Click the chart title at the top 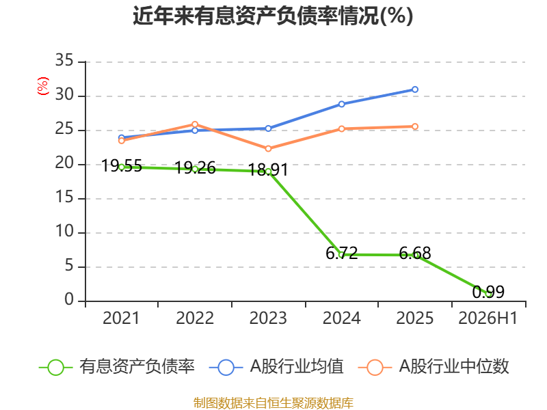(273, 15)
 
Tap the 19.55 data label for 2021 (122, 165)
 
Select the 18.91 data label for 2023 (268, 169)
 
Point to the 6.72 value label (341, 253)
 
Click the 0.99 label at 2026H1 (488, 292)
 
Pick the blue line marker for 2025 (415, 90)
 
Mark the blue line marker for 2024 (341, 104)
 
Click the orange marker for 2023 (268, 148)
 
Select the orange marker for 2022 (195, 124)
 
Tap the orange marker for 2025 (415, 126)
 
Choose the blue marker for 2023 (268, 128)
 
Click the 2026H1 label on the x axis (488, 318)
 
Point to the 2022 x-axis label (195, 318)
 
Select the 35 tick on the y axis (64, 61)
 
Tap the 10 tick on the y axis (64, 232)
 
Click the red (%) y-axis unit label (43, 86)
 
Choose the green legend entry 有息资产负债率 (117, 367)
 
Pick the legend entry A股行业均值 (276, 367)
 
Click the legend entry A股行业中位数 (433, 367)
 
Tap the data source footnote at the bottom (273, 403)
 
